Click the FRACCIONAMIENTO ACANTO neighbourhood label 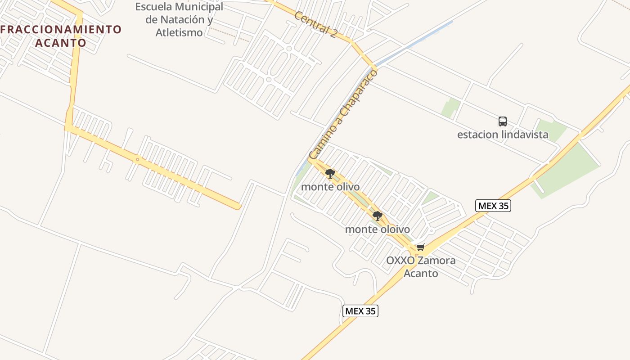[61, 36]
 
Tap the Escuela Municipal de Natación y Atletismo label [179, 20]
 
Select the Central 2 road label [315, 25]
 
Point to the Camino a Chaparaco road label [343, 114]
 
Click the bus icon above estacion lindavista [503, 121]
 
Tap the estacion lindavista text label [503, 135]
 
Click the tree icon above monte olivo [330, 174]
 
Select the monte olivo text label [330, 187]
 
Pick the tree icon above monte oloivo [378, 216]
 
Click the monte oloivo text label [378, 229]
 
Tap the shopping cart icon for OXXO [421, 247]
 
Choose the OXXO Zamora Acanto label [421, 266]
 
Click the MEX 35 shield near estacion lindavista [493, 206]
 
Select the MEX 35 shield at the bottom [360, 311]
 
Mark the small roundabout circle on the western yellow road [137, 159]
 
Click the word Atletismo [179, 32]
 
